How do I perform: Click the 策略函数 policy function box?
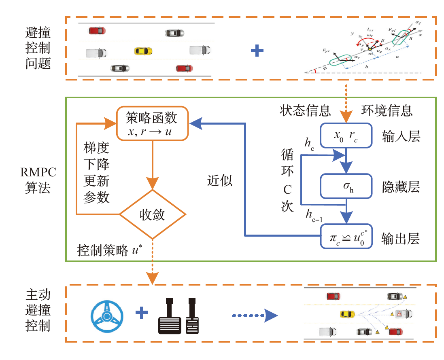pos(153,123)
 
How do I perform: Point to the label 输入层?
pos(400,137)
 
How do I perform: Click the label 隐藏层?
pos(400,187)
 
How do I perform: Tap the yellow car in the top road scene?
pos(143,51)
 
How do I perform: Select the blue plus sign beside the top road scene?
pos(257,51)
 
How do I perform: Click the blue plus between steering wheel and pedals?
pos(141,312)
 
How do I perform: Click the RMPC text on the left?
pos(38,173)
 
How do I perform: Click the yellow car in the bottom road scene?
pos(347,314)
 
